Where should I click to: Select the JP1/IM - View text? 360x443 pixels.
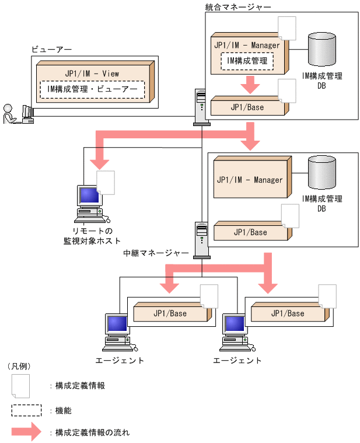[x=92, y=74]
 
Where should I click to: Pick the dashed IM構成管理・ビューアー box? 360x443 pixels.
[x=92, y=89]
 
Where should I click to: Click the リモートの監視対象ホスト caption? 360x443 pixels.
[x=92, y=235]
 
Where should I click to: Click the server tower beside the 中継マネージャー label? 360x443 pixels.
[x=201, y=239]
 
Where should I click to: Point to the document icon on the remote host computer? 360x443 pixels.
[x=106, y=182]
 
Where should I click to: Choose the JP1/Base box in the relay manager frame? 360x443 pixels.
[x=250, y=232]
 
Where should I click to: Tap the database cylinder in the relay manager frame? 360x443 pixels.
[x=322, y=173]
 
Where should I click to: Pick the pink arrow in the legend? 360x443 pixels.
[x=26, y=432]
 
